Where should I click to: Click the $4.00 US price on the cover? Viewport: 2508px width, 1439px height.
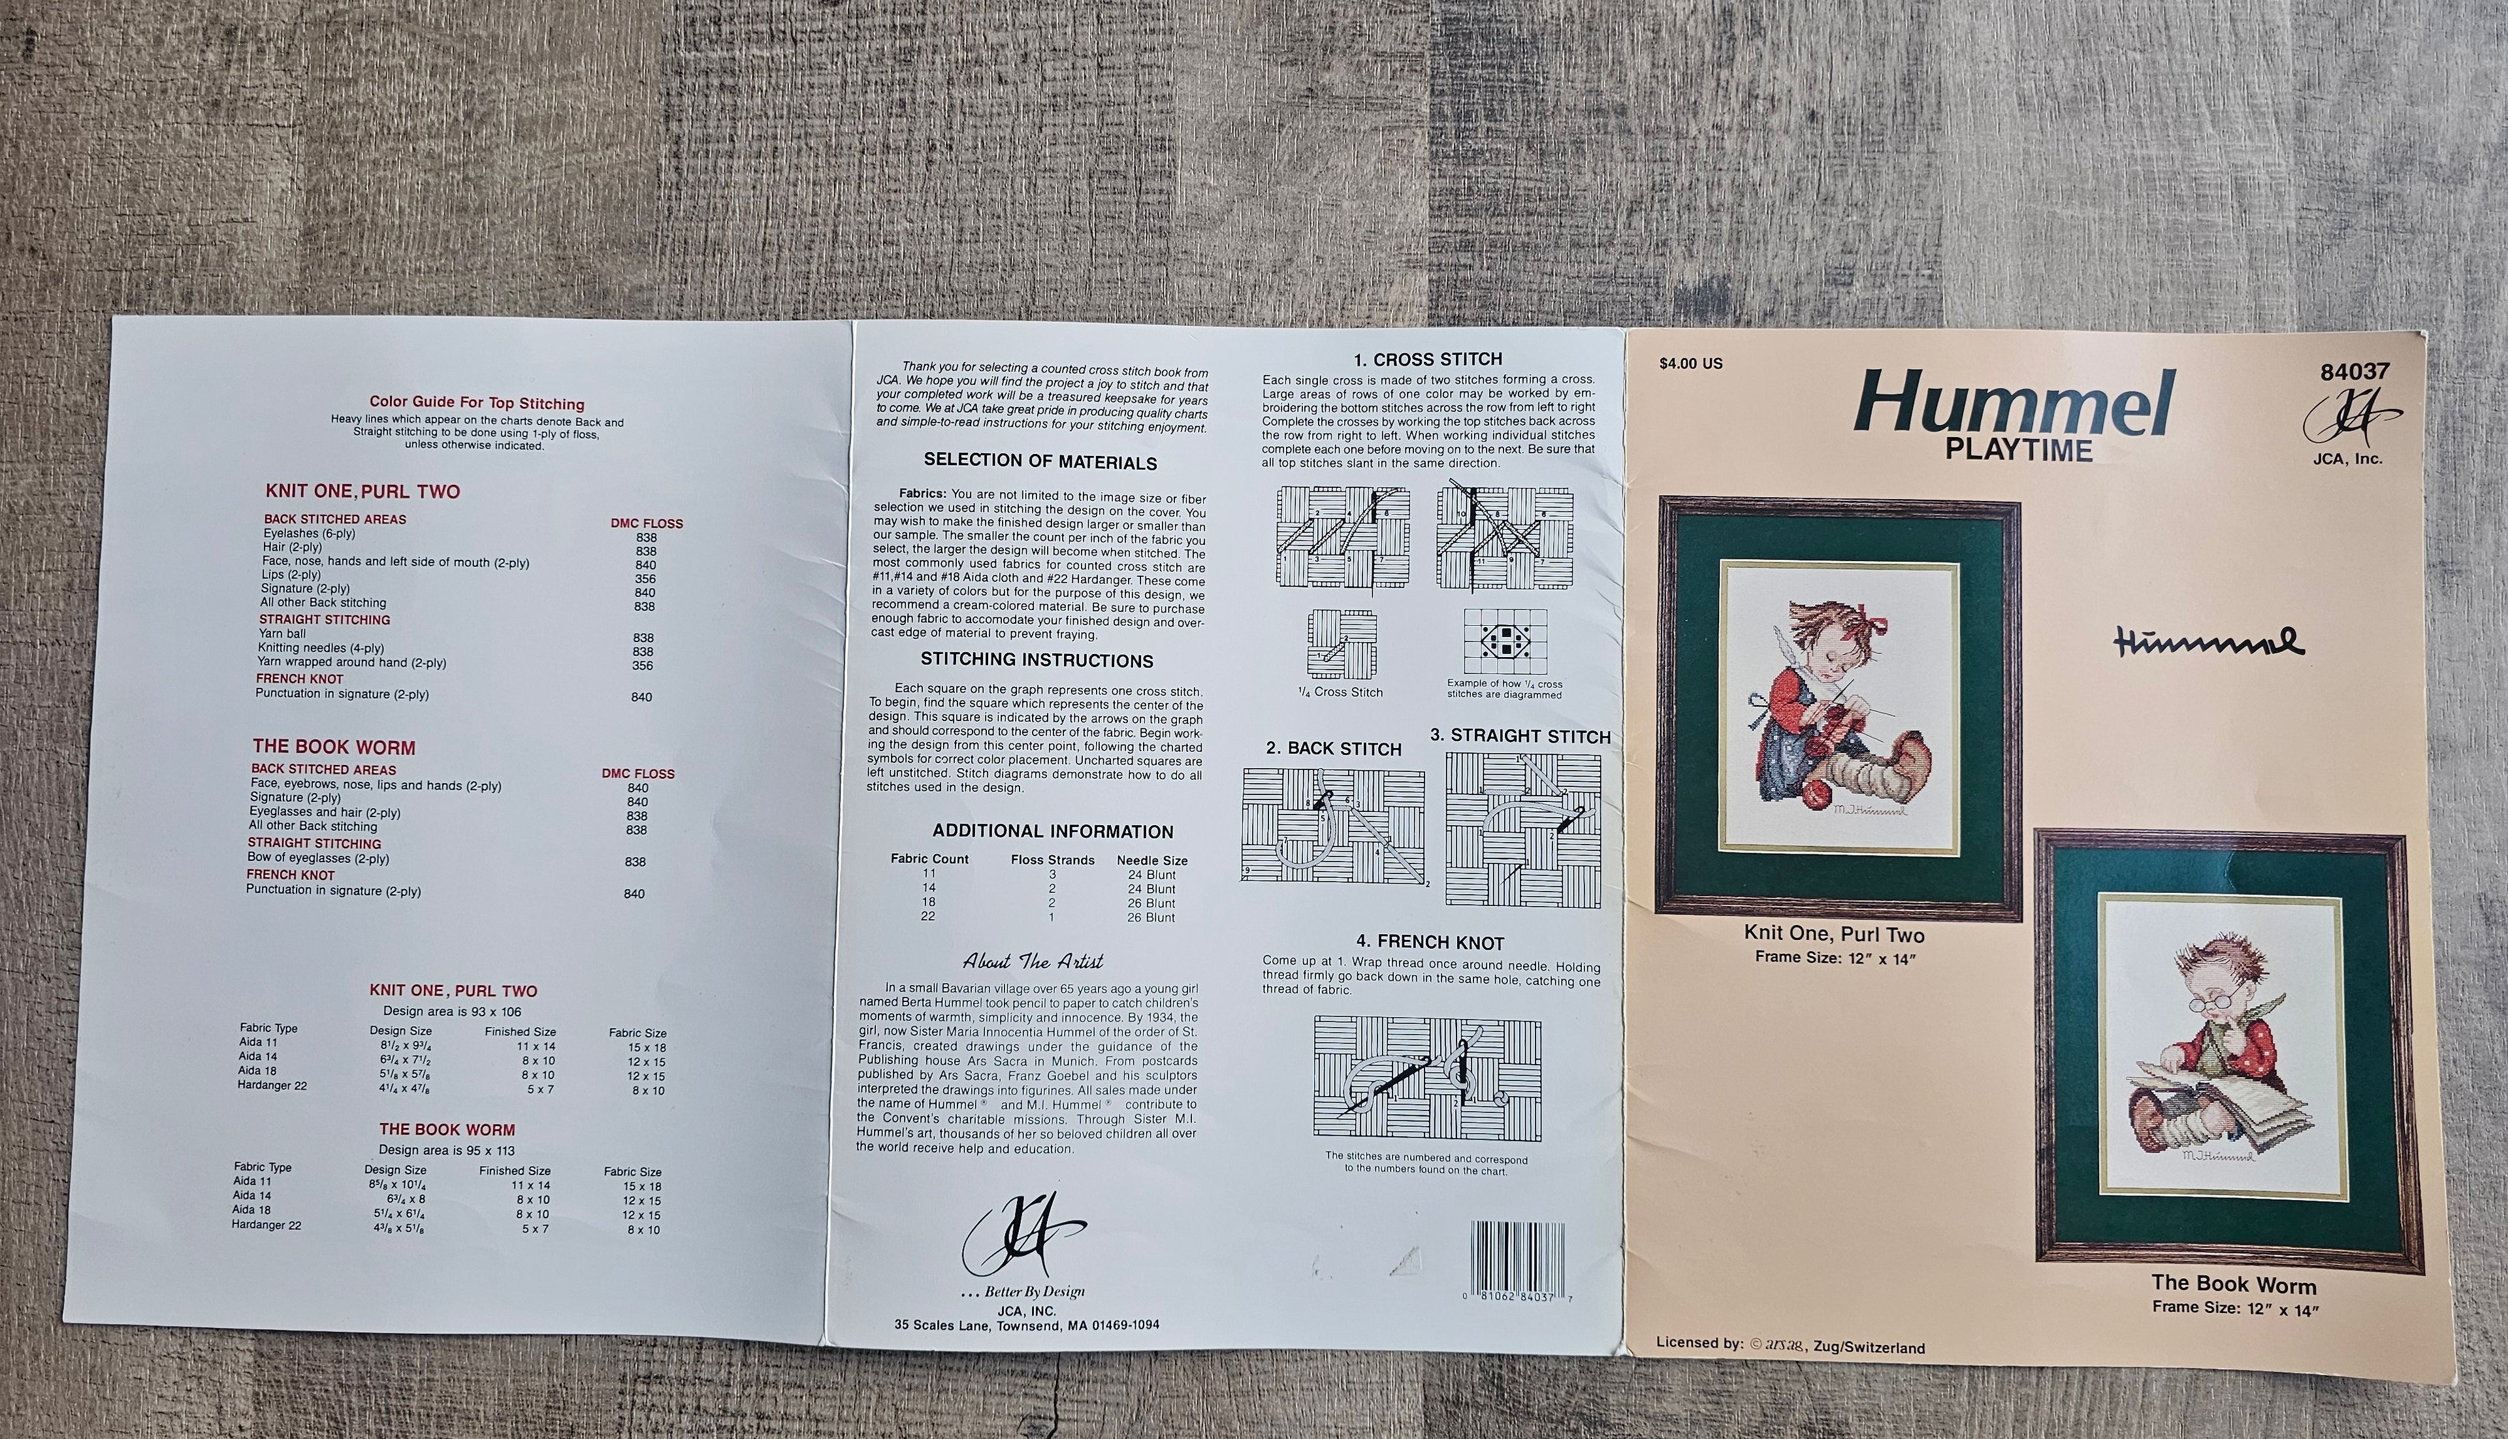coord(1691,364)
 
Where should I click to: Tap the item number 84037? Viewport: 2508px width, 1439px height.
coord(2355,372)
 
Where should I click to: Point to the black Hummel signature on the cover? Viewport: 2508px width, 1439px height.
coord(2209,642)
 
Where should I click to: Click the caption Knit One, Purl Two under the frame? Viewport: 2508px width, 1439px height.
coord(1834,934)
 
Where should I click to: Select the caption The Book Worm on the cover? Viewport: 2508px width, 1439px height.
coord(2233,1285)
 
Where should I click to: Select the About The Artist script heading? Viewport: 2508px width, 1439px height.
coord(1034,962)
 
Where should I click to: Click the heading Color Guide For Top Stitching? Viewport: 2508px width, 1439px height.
coord(477,403)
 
